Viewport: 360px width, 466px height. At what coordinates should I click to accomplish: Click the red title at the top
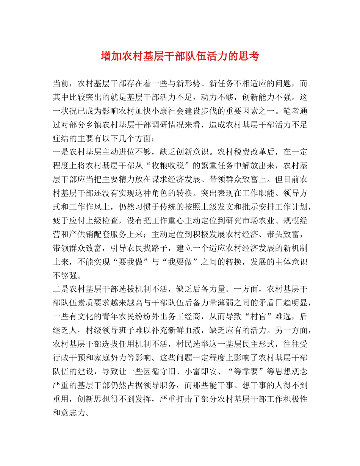180,56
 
